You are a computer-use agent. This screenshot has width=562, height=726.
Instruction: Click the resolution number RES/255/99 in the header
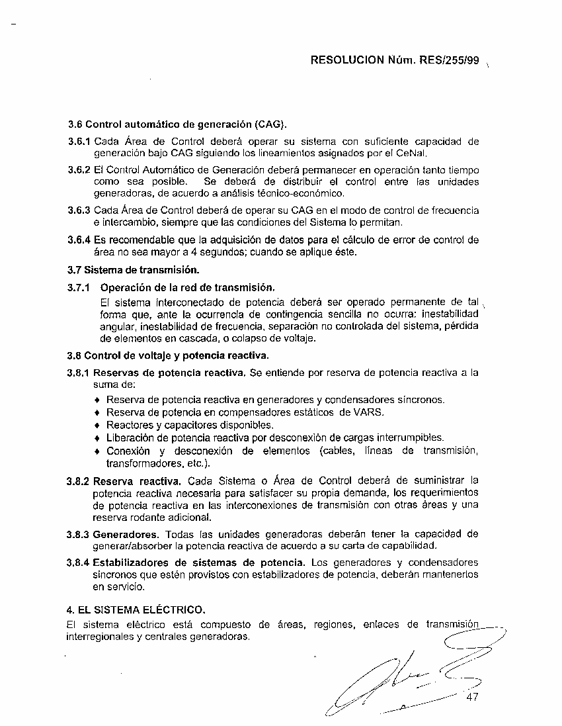449,60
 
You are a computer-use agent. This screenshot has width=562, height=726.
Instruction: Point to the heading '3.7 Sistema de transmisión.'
134,270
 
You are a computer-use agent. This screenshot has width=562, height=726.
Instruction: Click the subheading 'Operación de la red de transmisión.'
187,288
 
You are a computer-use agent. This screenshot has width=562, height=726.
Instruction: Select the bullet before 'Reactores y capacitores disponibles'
98,425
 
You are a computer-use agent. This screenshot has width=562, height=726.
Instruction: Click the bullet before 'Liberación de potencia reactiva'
98,438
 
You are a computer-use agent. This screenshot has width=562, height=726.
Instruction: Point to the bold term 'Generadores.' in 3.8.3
126,534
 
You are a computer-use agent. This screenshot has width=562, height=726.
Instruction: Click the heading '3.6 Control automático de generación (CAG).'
177,124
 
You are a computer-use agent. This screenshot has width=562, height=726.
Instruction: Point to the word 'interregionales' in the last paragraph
98,637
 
